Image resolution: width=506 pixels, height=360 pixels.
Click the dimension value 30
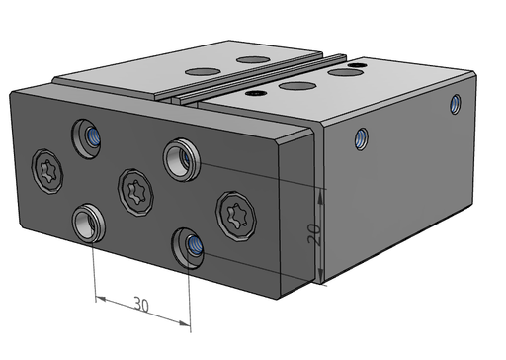[x=141, y=305]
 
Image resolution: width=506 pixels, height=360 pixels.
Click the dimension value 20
[x=314, y=233]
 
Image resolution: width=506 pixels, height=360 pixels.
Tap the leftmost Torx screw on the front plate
[x=47, y=171]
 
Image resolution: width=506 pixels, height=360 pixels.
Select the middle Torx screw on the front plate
[x=135, y=193]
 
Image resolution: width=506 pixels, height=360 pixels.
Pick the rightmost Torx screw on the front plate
[x=236, y=216]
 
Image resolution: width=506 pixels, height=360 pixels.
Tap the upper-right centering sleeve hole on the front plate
[x=181, y=159]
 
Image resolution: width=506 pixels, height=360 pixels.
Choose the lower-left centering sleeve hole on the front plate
[x=89, y=224]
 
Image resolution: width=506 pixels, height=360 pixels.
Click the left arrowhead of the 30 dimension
[x=100, y=299]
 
